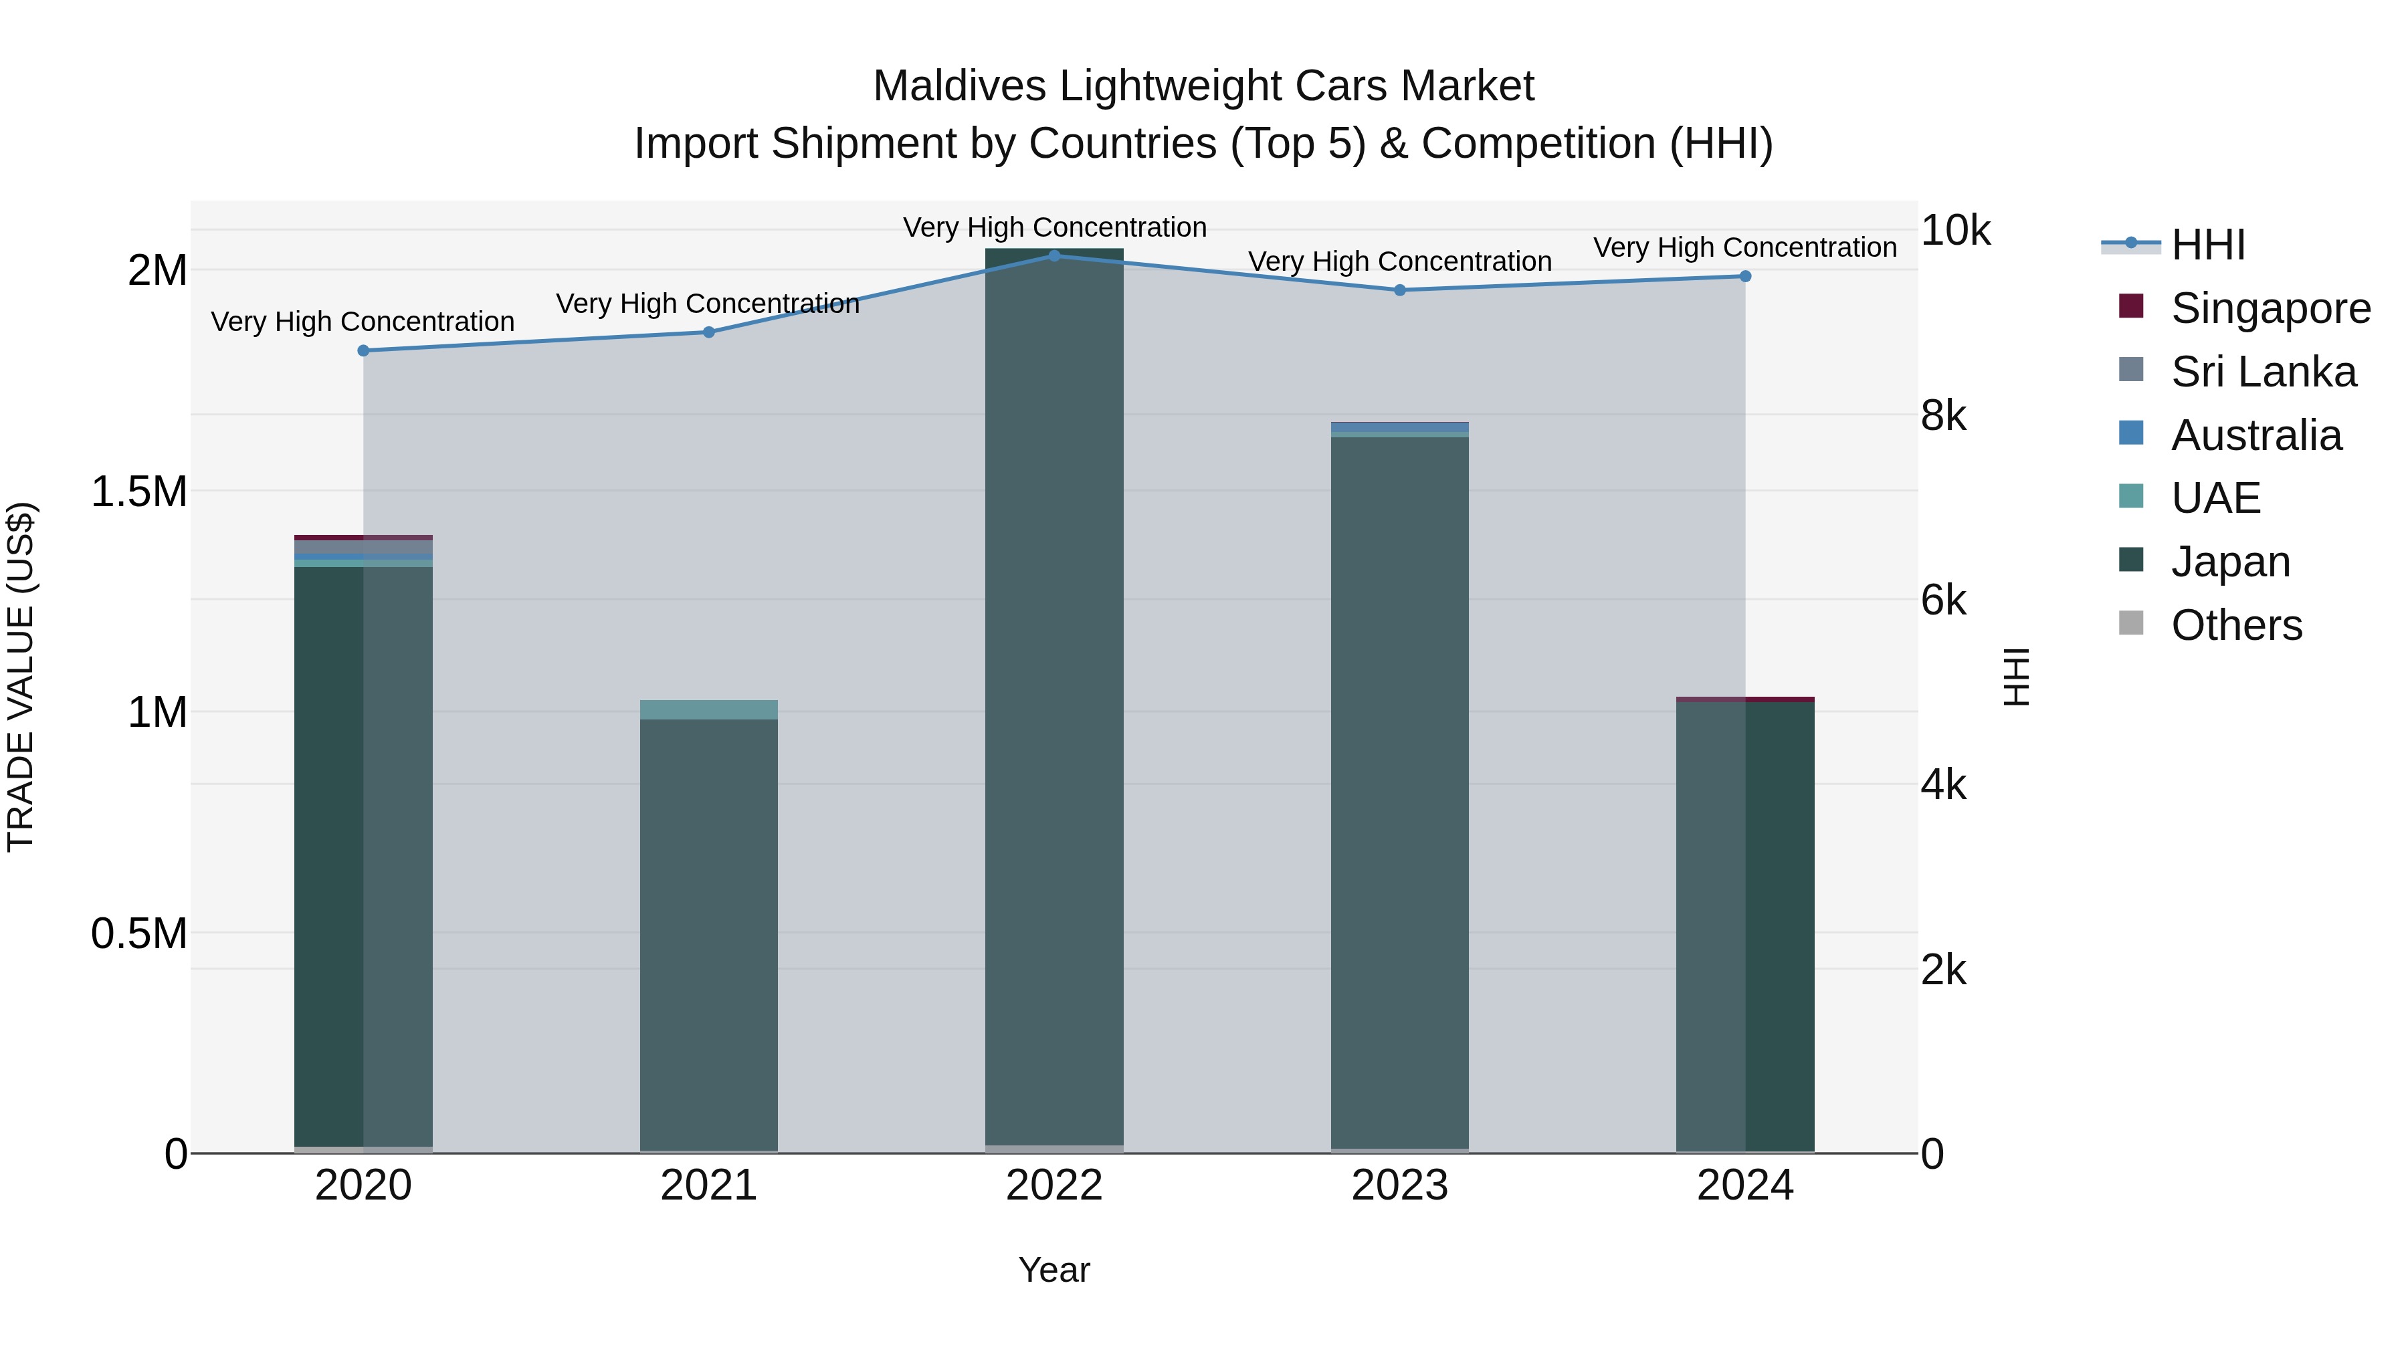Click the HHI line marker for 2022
(x=1054, y=255)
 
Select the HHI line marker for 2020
(x=364, y=350)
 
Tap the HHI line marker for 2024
(x=1744, y=277)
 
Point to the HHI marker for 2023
(x=1399, y=291)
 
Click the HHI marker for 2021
(x=708, y=332)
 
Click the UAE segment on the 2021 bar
(x=708, y=709)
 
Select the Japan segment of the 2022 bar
(x=1054, y=701)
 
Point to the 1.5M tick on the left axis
(x=139, y=491)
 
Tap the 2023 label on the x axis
(x=1399, y=1186)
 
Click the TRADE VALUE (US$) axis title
(x=21, y=677)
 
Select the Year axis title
(x=1053, y=1270)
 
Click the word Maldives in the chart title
(x=959, y=86)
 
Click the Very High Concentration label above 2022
(x=1054, y=227)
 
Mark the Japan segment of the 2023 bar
(x=1399, y=794)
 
